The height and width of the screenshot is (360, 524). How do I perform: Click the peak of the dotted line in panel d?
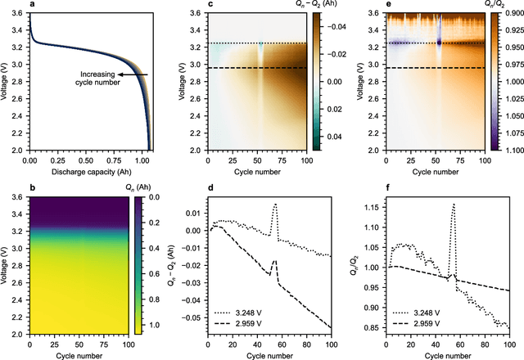[x=276, y=205]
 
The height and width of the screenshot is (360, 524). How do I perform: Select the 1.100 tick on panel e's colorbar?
[x=510, y=151]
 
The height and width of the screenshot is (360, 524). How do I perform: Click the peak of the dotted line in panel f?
[x=454, y=205]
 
